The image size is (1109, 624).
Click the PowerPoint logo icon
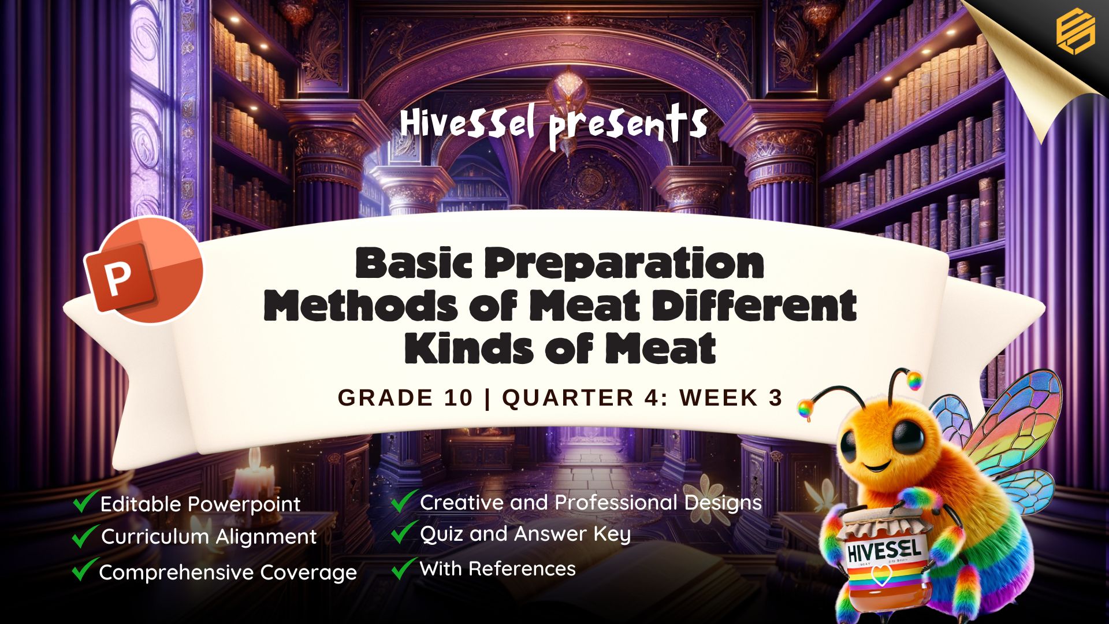[x=144, y=270]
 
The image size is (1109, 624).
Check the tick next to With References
[x=404, y=568]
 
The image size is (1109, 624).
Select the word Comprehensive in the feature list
[x=176, y=573]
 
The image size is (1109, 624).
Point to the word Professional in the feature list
[x=616, y=503]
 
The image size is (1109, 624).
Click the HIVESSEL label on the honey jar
[x=883, y=550]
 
